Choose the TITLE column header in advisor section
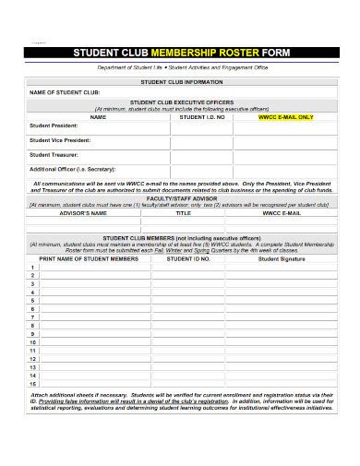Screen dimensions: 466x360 coord(183,211)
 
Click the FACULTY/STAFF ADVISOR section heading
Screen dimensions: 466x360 coord(182,197)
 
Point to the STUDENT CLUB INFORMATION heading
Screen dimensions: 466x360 coord(182,82)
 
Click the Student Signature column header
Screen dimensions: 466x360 coord(282,260)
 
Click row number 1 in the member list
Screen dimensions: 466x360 coord(33,269)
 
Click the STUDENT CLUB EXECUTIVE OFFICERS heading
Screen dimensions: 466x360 coord(182,102)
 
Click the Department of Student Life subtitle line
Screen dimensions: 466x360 coord(180,69)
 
